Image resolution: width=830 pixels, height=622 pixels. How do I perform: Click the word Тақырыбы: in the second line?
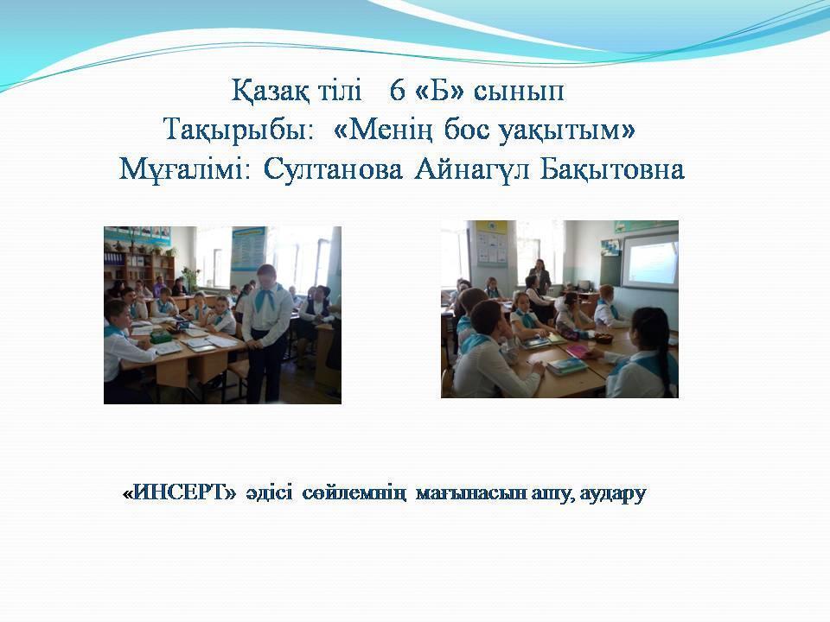(x=238, y=130)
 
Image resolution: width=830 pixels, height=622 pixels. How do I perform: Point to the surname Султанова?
(x=333, y=170)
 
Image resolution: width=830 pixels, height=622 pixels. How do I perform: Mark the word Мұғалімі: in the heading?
(x=184, y=170)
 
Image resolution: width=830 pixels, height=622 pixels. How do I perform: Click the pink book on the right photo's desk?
(x=576, y=351)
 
